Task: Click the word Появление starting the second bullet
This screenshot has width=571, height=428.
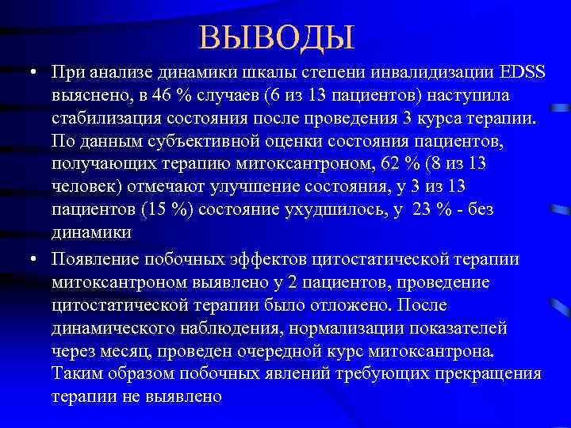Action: point(94,259)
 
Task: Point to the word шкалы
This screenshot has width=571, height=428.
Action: point(236,73)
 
